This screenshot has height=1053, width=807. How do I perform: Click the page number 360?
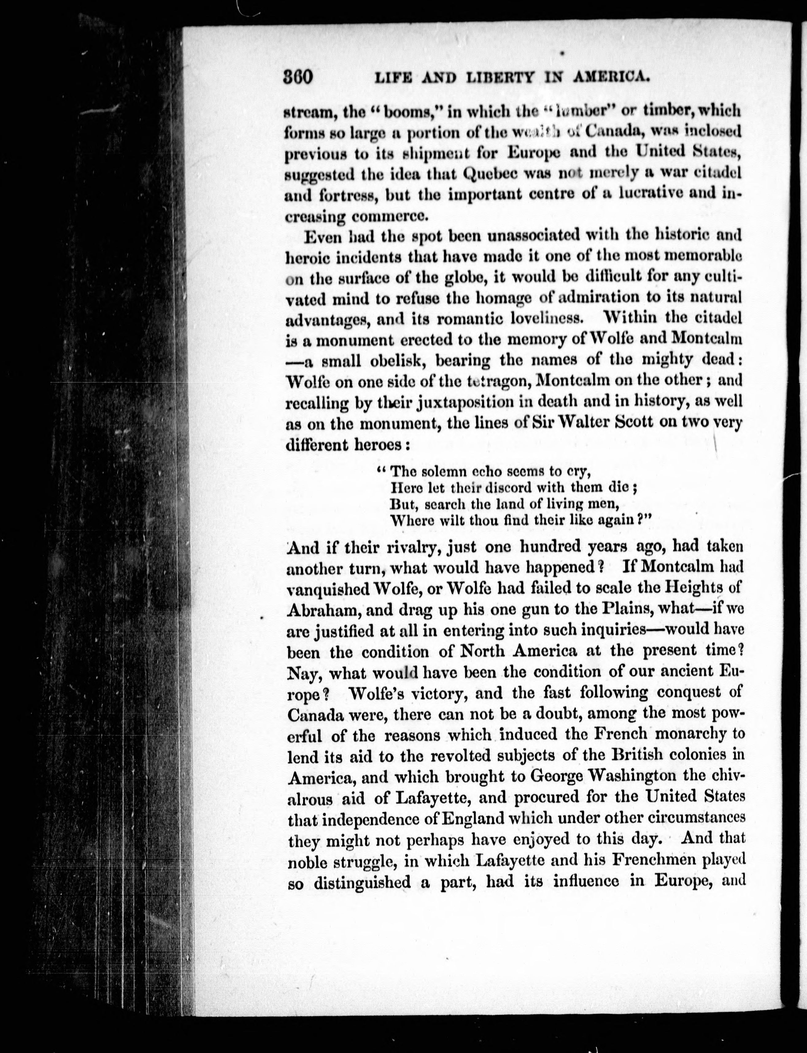[298, 77]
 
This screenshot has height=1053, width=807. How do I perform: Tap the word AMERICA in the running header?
[607, 77]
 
